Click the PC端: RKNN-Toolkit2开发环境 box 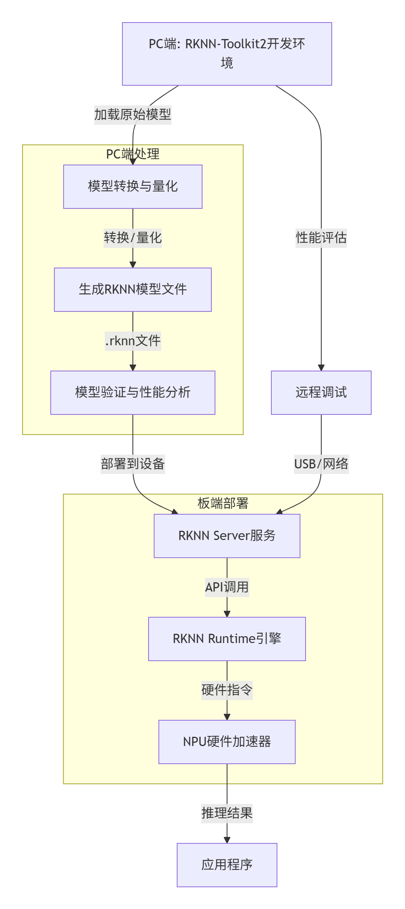point(227,54)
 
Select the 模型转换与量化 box point(132,186)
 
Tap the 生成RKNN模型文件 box point(132,289)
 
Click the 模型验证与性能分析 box point(132,392)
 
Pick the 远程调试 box point(321,392)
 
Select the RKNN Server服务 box point(227,536)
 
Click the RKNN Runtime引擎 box point(227,639)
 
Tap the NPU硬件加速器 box point(227,742)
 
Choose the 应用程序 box point(227,865)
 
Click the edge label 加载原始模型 point(132,115)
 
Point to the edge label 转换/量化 point(132,238)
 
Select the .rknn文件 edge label point(132,341)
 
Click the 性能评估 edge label point(321,238)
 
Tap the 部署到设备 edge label point(132,464)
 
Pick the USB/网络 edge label point(321,464)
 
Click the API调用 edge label point(227,587)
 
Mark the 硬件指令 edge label point(227,690)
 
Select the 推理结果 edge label point(227,813)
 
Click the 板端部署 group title point(223,503)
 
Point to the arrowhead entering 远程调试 point(321,368)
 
